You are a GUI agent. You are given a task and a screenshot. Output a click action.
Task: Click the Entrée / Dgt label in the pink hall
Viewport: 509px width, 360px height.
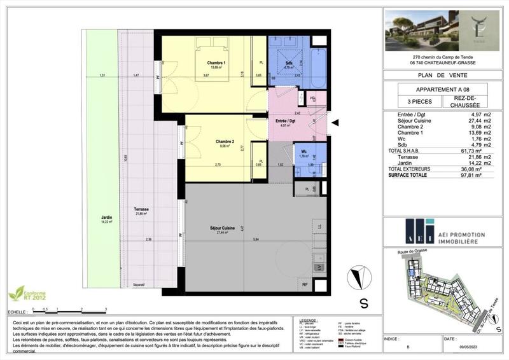284,121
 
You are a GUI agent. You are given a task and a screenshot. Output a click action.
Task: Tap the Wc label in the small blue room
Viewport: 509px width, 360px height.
303,152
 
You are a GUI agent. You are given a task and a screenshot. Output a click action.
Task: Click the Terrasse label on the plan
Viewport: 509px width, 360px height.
141,209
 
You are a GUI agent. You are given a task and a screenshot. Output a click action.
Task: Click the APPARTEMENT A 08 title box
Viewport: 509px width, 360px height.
438,89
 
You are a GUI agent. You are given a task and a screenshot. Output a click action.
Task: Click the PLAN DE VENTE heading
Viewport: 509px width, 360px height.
439,74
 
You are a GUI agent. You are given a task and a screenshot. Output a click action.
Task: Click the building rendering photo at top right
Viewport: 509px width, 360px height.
419,31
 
